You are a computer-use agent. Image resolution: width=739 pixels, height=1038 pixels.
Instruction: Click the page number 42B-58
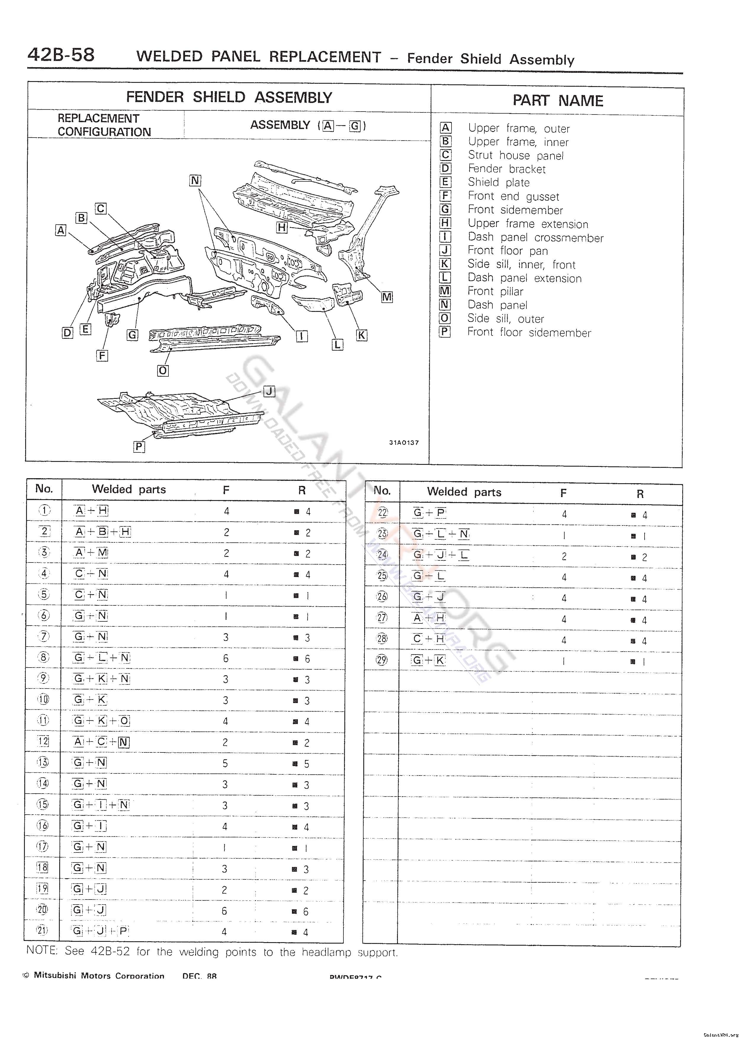point(61,55)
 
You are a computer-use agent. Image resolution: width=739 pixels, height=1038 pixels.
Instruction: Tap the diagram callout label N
point(195,180)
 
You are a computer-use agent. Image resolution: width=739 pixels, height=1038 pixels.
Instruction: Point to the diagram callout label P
point(139,447)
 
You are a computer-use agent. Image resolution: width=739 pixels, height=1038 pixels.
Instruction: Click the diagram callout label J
point(269,391)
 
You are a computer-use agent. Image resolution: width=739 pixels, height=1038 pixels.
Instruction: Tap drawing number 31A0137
point(404,442)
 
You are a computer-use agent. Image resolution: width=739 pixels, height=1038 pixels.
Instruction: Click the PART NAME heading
point(558,101)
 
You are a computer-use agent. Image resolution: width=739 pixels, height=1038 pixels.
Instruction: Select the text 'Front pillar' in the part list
point(496,291)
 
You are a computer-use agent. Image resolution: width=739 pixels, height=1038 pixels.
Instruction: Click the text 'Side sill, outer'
point(506,319)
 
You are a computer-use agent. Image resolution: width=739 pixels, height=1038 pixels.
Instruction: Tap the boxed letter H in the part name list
point(445,223)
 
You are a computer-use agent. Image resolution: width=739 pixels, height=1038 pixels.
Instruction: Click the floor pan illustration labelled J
point(182,407)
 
